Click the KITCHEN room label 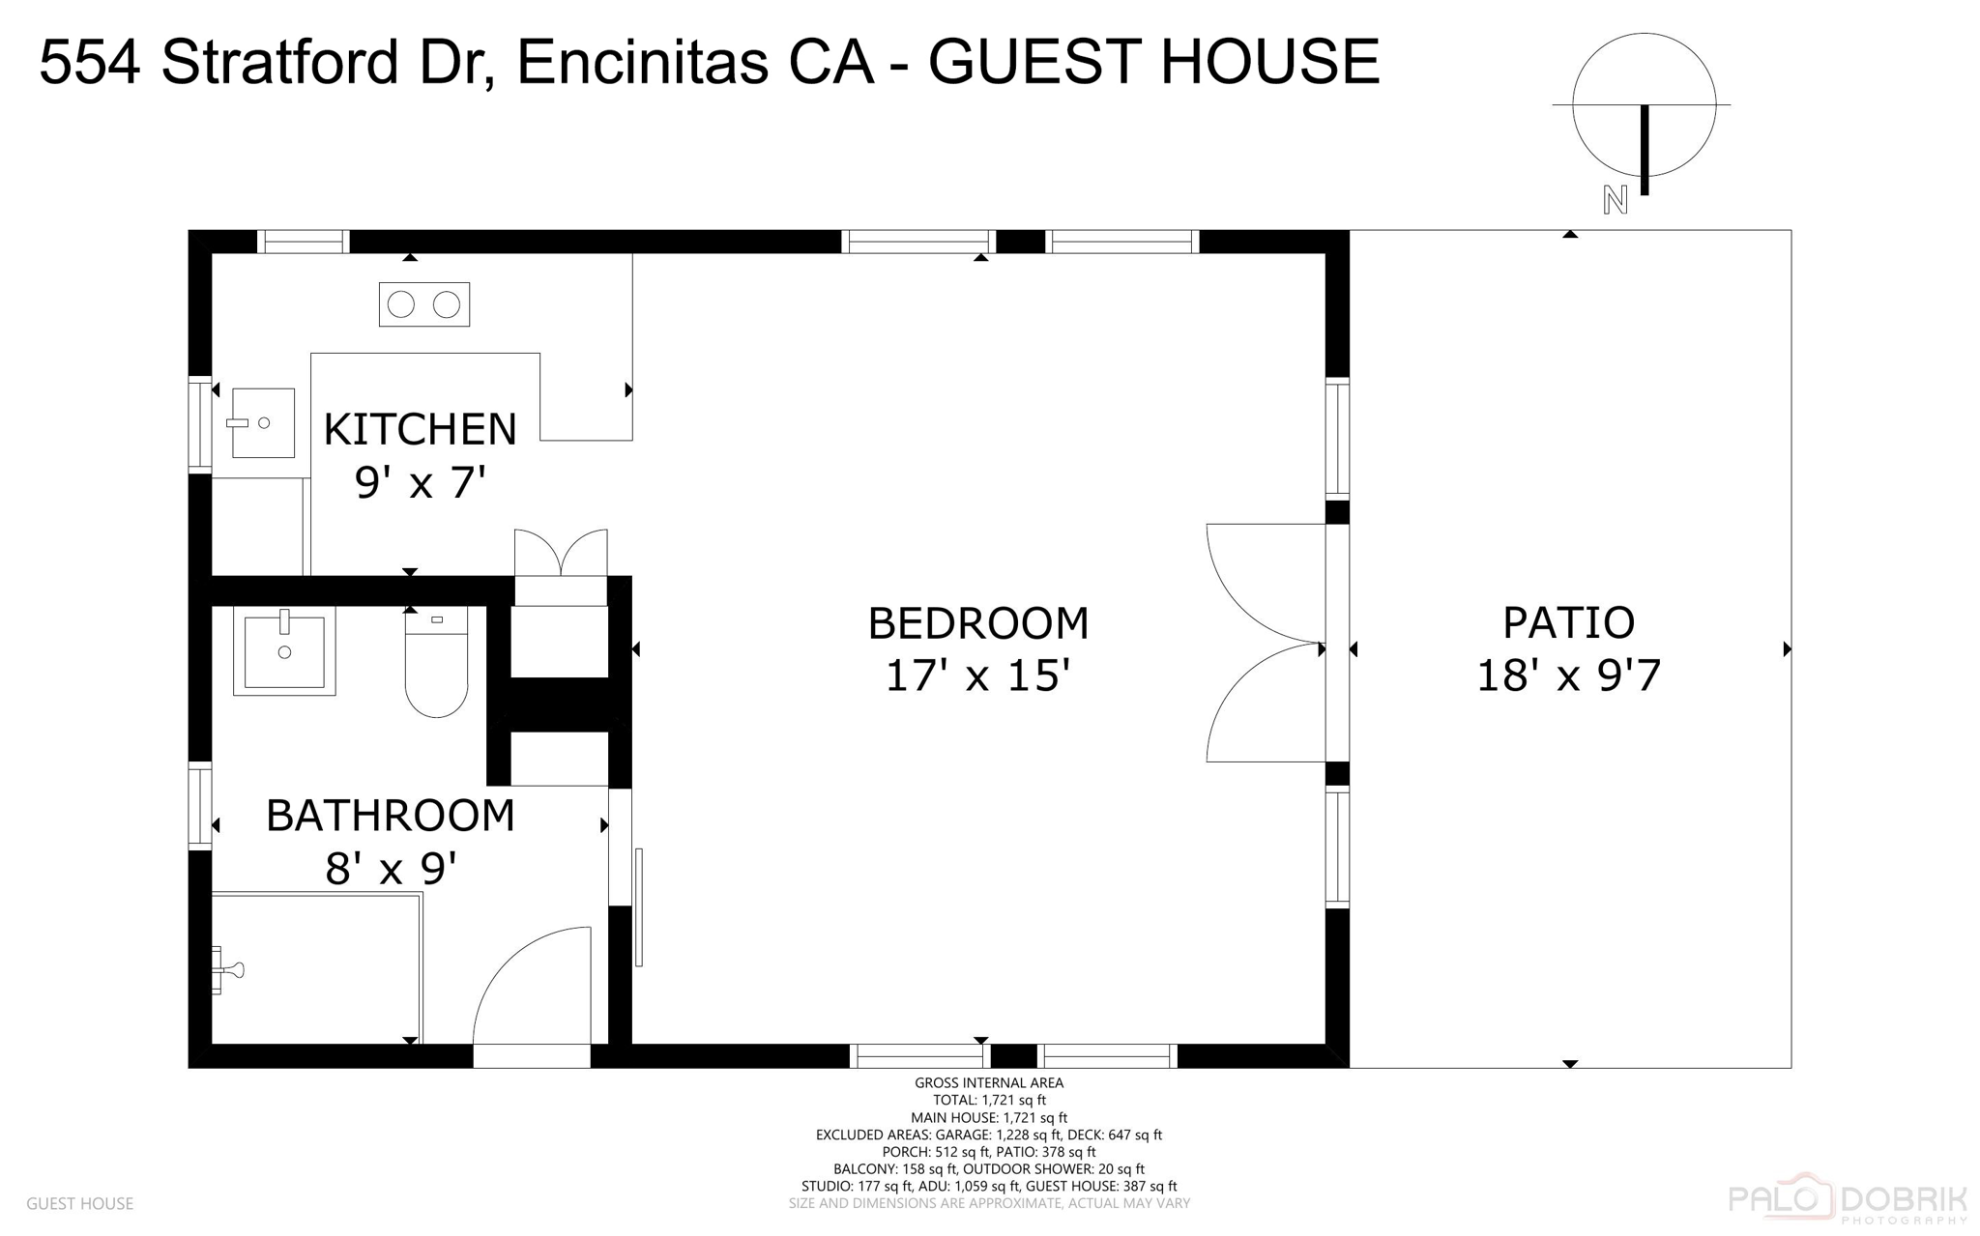420,429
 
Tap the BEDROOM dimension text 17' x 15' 977,675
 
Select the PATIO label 1568,622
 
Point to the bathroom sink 284,650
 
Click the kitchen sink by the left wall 262,423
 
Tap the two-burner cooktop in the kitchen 423,304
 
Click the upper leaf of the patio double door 1265,582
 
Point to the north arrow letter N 1615,200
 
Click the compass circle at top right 1644,104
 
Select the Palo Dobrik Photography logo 1847,1201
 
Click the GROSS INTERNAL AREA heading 988,1083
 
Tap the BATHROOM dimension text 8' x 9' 391,868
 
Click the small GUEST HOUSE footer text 79,1203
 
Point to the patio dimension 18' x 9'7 1568,675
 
